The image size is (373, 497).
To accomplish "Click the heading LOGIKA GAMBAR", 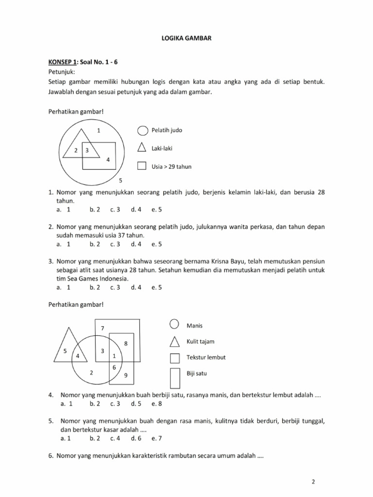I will tap(186, 36).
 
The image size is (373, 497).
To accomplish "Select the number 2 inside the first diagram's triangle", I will tap(76, 150).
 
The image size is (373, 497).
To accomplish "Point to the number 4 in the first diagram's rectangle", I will tap(108, 159).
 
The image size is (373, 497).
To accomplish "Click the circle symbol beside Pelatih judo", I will tap(142, 131).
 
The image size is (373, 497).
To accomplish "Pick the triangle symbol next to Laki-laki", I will tap(142, 148).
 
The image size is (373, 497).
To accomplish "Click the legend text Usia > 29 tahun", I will tap(172, 166).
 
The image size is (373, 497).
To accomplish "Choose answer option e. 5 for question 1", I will tap(156, 210).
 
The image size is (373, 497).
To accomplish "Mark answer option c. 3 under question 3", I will tap(115, 287).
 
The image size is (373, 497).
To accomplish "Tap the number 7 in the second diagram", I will tap(102, 329).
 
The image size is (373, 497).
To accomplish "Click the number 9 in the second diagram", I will tap(126, 375).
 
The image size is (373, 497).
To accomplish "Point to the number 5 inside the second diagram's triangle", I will tap(65, 350).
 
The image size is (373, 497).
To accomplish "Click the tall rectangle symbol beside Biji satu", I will tap(175, 377).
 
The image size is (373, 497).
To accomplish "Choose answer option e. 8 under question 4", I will tap(156, 403).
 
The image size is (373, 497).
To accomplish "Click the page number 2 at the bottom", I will tap(313, 481).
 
